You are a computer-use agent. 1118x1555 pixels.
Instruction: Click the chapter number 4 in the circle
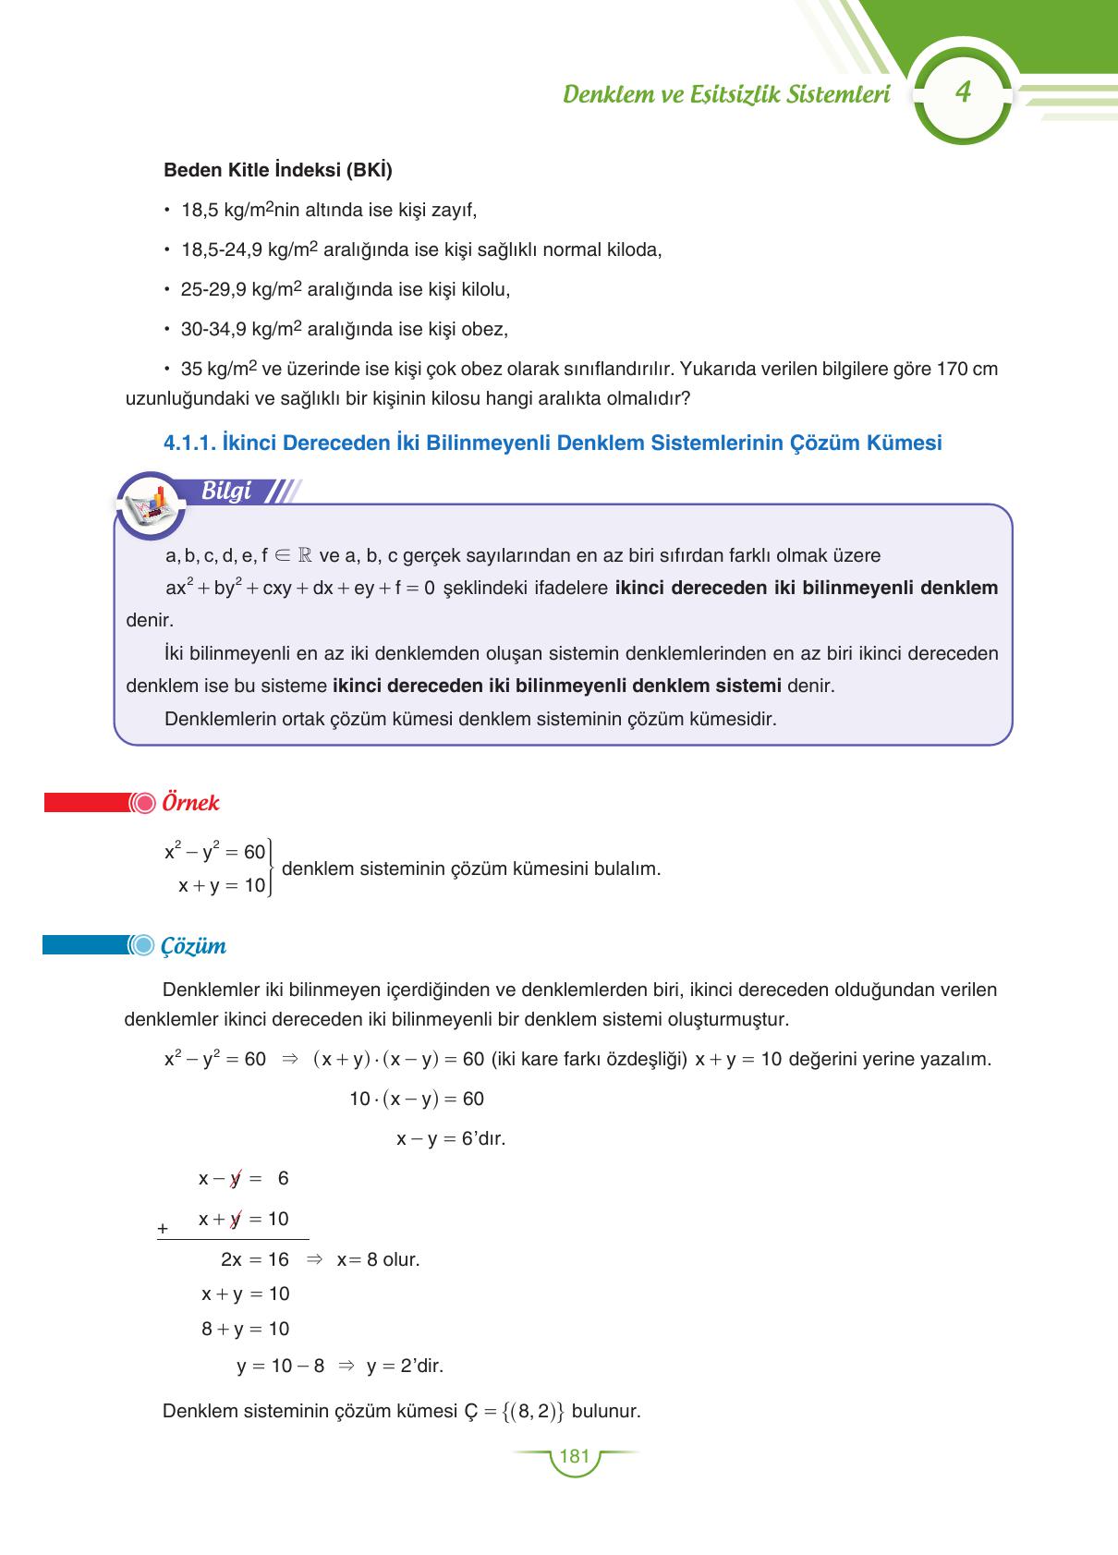coord(964,93)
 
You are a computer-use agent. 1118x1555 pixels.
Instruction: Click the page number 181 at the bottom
coord(574,1456)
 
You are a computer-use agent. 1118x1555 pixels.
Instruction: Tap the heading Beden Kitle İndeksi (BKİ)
coord(277,171)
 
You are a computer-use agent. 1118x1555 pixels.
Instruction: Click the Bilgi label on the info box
coord(226,492)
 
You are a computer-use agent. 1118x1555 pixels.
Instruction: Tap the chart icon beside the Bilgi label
coord(152,504)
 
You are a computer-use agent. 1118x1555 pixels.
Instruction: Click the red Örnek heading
coord(190,802)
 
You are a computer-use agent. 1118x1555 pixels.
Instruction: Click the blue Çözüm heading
coord(193,946)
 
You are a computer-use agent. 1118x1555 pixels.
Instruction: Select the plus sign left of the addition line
coord(163,1229)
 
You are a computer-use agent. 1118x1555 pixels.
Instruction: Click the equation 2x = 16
coord(254,1259)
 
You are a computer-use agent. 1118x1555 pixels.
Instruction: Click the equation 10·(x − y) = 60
coord(416,1099)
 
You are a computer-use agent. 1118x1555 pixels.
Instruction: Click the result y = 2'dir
coord(405,1366)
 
